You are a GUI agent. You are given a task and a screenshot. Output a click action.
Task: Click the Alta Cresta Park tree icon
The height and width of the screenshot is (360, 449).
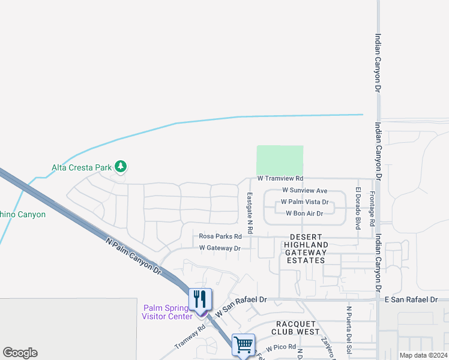pos(121,166)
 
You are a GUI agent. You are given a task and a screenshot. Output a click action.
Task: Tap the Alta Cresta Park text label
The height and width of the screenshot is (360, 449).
pos(82,167)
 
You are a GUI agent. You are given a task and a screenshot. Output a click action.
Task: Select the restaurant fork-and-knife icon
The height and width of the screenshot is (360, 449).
pos(200,298)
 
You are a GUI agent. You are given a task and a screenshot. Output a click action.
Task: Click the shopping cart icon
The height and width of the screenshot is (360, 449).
pos(243,344)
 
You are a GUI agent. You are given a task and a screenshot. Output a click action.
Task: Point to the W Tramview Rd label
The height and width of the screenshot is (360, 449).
pos(280,178)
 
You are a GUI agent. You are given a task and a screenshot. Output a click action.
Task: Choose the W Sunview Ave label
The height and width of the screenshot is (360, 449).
pos(304,190)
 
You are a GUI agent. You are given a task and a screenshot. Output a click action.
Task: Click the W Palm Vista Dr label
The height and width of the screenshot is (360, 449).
pos(304,202)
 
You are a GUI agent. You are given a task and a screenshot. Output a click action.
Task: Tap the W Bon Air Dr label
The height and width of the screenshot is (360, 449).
pos(304,213)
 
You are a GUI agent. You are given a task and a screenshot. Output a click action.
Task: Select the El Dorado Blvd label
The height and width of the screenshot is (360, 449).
pos(358,208)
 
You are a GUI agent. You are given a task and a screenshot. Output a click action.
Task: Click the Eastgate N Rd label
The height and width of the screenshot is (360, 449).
pos(250,213)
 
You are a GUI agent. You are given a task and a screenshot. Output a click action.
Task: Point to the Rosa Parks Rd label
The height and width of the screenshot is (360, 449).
pos(220,236)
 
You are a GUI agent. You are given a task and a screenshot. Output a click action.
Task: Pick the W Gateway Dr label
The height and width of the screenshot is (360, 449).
pos(220,248)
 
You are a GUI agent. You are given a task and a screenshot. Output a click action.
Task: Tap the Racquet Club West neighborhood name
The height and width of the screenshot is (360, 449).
pos(295,327)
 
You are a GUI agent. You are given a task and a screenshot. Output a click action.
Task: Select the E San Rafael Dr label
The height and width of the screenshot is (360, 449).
pos(413,299)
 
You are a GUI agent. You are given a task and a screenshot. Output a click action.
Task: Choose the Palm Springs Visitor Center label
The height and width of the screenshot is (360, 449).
pos(167,312)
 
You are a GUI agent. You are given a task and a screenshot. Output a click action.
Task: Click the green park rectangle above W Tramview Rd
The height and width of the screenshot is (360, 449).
pos(280,160)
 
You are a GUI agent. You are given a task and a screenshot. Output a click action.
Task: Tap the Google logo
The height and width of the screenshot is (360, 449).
pos(20,353)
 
